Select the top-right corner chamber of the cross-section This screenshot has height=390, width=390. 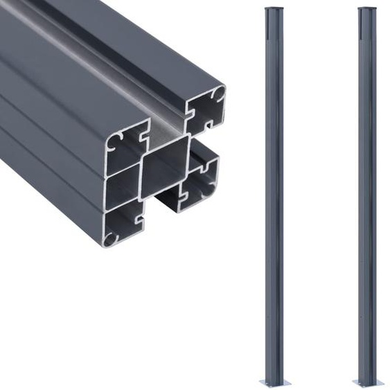click(x=206, y=109)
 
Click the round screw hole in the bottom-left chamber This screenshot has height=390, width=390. click(x=111, y=237)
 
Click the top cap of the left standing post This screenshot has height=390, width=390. click(x=274, y=10)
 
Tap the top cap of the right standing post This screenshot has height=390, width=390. click(x=367, y=10)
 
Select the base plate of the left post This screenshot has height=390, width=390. click(x=274, y=382)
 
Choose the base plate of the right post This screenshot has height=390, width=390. click(x=368, y=382)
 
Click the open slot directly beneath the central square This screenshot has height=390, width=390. click(x=166, y=201)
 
